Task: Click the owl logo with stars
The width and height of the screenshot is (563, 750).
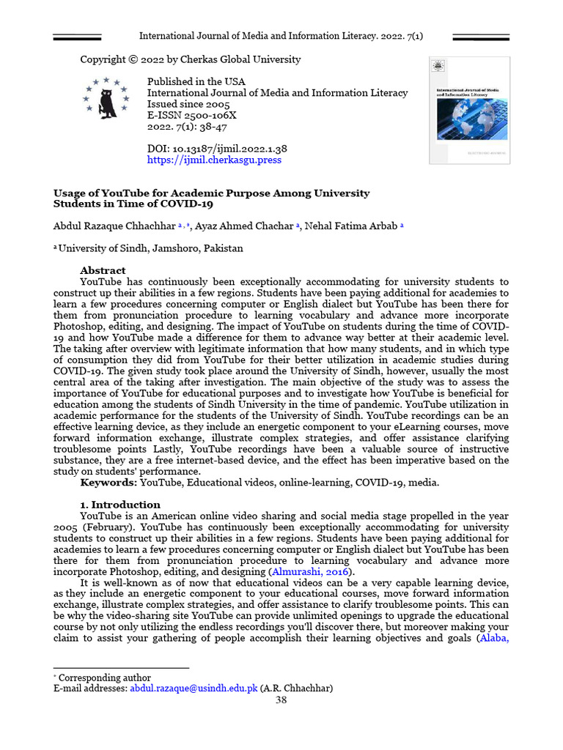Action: click(106, 96)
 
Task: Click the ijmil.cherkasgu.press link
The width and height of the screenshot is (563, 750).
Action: click(214, 160)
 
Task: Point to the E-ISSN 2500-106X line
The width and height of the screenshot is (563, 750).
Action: click(192, 115)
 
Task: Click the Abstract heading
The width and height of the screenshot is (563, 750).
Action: click(103, 270)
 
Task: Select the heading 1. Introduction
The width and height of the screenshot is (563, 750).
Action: click(119, 505)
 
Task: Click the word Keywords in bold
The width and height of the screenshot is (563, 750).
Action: click(108, 483)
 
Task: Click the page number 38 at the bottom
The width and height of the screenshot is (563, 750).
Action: click(281, 700)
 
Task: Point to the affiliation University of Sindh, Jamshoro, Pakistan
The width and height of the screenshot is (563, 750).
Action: click(150, 248)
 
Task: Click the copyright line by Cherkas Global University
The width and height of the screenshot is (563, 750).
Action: click(190, 59)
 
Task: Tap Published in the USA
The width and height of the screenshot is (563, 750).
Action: click(196, 82)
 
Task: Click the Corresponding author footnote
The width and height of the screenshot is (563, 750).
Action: click(104, 677)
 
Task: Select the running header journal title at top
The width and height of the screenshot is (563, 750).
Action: click(281, 36)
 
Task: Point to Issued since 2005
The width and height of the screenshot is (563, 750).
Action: click(188, 104)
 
